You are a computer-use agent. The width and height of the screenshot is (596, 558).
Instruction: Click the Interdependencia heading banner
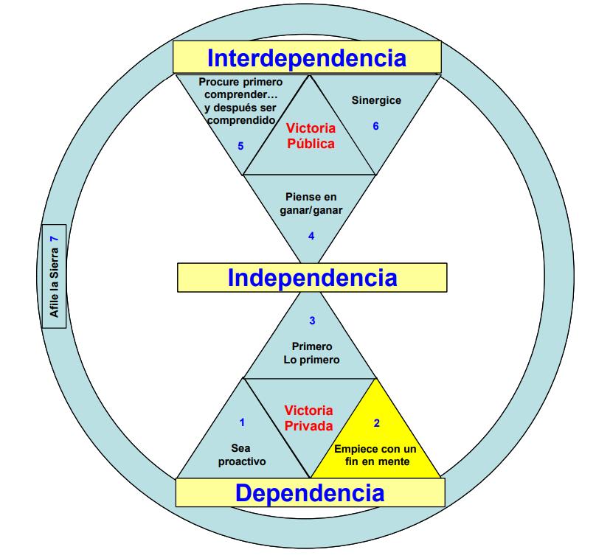(x=307, y=57)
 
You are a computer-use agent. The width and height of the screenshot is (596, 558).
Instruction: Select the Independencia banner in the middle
(x=312, y=277)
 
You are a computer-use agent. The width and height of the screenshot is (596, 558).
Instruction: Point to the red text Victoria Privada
(x=309, y=417)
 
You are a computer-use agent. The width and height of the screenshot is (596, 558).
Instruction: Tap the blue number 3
(x=312, y=321)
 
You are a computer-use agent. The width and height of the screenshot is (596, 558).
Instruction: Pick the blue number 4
(x=311, y=236)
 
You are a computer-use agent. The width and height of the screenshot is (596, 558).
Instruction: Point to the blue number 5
(x=240, y=145)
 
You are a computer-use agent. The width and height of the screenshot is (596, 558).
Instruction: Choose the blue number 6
(x=375, y=126)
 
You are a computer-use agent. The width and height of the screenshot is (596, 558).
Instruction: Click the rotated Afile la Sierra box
(x=54, y=274)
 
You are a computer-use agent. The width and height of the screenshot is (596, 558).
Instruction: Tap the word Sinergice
(x=376, y=100)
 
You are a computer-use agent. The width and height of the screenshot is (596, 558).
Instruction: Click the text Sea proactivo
(x=241, y=455)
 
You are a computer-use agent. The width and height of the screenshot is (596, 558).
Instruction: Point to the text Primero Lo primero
(x=312, y=353)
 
